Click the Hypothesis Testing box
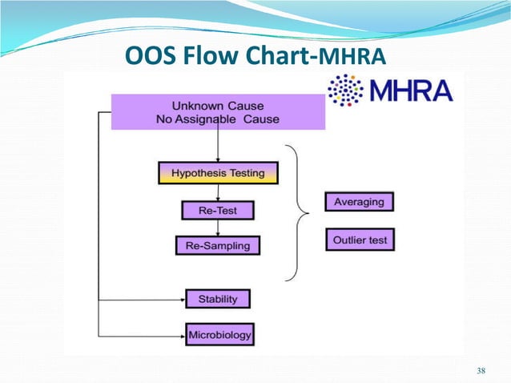click(218, 172)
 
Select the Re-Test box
click(218, 210)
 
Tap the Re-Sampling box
click(218, 244)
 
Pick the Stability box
click(218, 299)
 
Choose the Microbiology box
click(219, 334)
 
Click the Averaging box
click(359, 202)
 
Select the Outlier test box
click(359, 239)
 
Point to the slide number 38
click(481, 369)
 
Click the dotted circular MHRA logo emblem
click(345, 91)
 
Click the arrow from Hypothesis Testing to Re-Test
click(218, 191)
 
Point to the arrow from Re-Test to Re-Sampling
click(218, 228)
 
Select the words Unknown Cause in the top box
click(218, 106)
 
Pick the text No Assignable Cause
click(218, 119)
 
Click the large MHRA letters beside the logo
click(409, 90)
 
